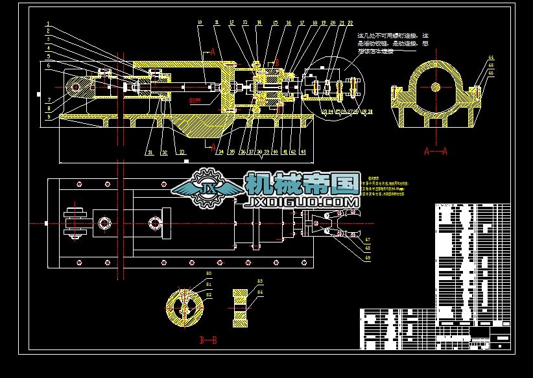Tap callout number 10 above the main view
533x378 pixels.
(x=199, y=23)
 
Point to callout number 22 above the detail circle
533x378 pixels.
(x=350, y=23)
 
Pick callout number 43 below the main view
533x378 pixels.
(x=303, y=152)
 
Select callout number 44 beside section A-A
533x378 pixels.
(x=490, y=58)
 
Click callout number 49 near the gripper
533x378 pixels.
(x=349, y=258)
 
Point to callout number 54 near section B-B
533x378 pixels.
(x=260, y=293)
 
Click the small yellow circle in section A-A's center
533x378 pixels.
(x=436, y=87)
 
